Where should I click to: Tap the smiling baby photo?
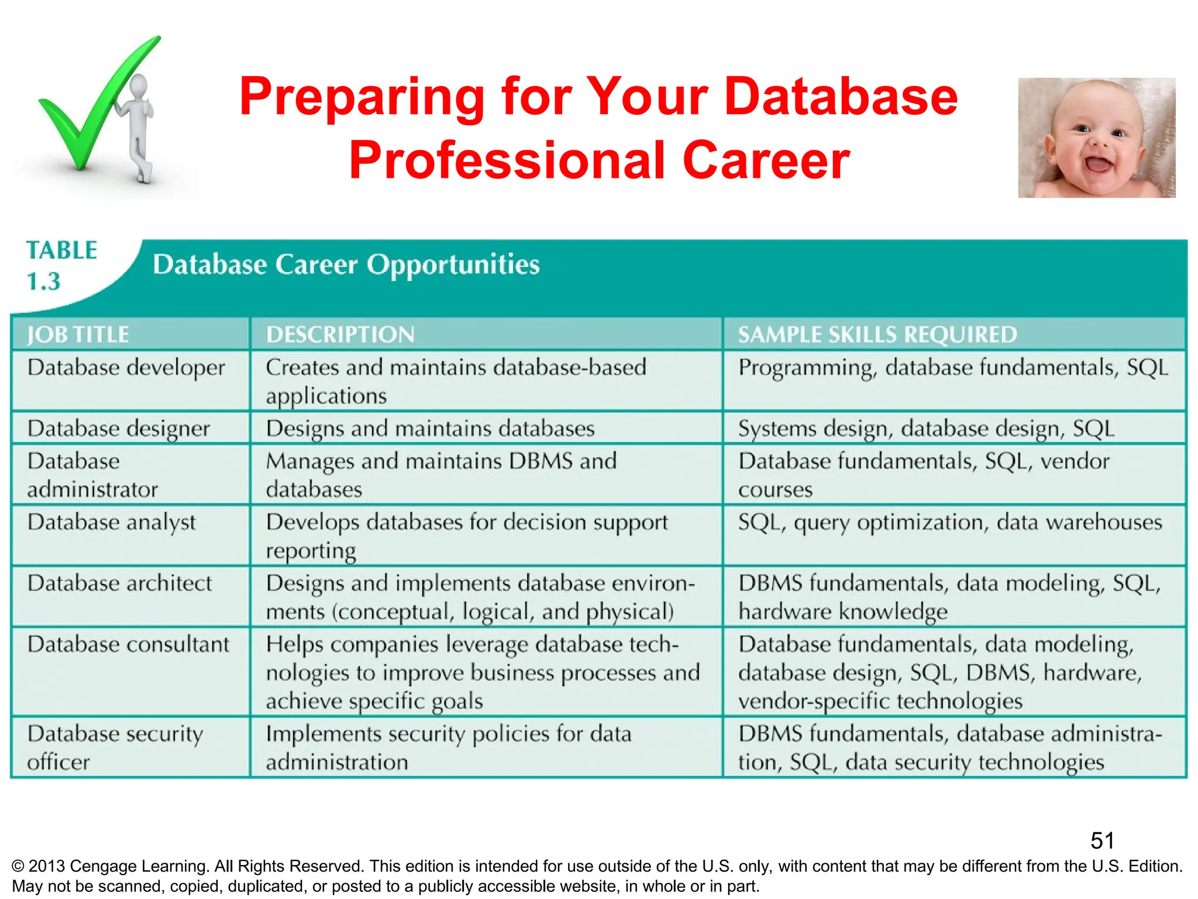coord(1096,138)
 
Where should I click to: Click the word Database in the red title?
coord(841,97)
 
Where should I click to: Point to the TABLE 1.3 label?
coord(60,266)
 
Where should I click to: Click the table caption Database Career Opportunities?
coord(346,265)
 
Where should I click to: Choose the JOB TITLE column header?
coord(78,335)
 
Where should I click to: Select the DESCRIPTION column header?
coord(340,335)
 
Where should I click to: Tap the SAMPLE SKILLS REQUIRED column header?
coord(877,335)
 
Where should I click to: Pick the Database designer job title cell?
coord(118,428)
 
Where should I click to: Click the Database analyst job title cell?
coord(111,522)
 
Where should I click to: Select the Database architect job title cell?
coord(119,584)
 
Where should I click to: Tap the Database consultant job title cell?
coord(128,644)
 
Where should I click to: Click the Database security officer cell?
coord(115,747)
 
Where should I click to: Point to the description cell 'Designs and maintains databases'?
coord(430,428)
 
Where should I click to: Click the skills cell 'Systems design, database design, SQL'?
coord(926,428)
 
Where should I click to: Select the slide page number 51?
coord(1102,841)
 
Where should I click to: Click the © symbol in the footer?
coord(18,867)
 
